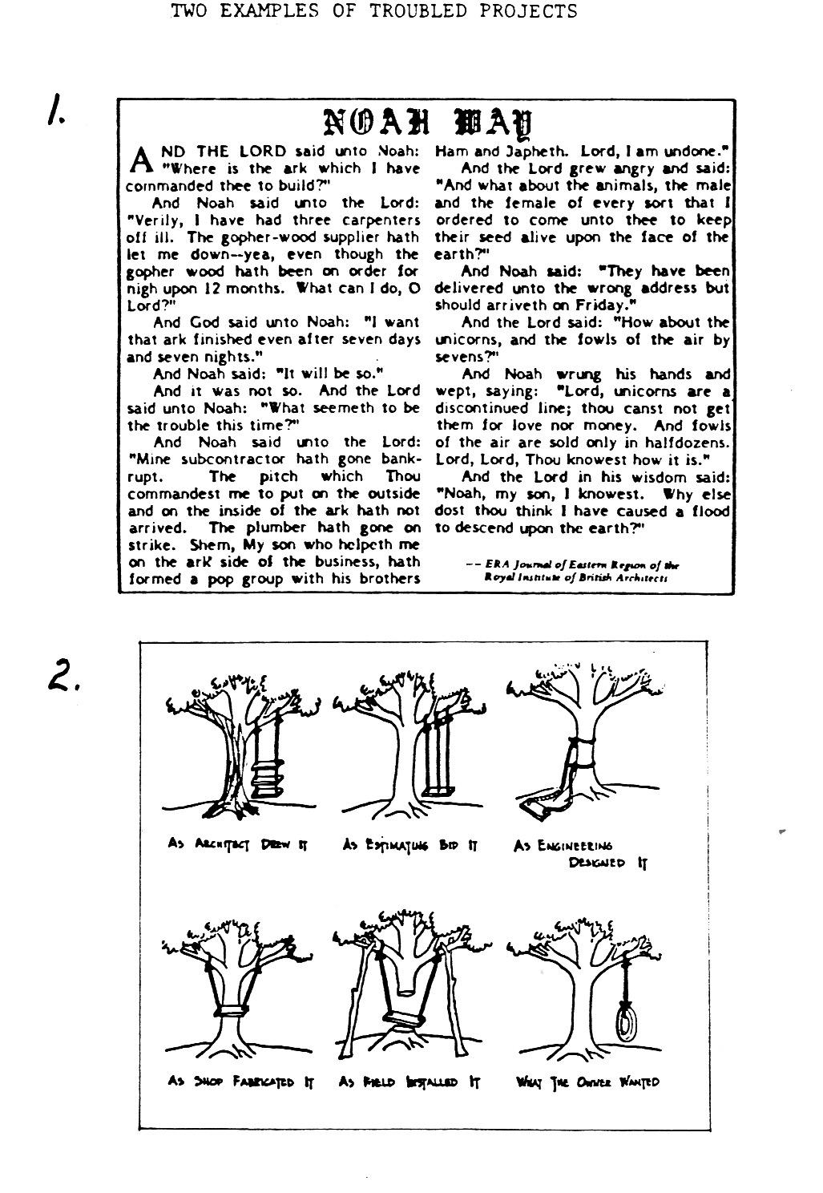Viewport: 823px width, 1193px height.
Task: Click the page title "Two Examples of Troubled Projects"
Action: [x=374, y=11]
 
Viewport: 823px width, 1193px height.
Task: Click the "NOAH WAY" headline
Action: [x=427, y=121]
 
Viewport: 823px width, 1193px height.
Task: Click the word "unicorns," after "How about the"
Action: [x=468, y=340]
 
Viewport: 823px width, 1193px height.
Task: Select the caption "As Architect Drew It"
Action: [x=238, y=844]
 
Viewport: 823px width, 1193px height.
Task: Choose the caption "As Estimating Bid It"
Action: [x=410, y=844]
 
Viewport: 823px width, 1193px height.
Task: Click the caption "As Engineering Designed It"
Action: [x=581, y=853]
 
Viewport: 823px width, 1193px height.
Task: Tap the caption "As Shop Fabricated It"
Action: [x=240, y=1082]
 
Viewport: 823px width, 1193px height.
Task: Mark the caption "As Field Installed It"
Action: [x=409, y=1082]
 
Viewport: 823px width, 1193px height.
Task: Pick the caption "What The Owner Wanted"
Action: [x=588, y=1082]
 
